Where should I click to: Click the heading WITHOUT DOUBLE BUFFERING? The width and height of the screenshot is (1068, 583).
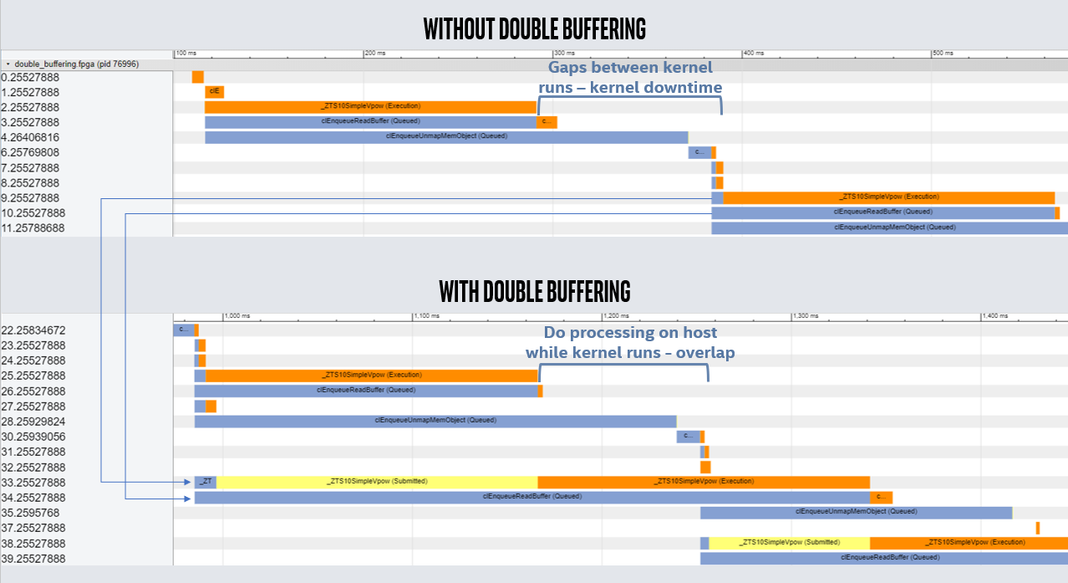534,28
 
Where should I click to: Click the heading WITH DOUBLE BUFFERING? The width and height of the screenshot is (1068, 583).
534,291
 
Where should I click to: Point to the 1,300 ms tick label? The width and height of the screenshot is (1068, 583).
806,316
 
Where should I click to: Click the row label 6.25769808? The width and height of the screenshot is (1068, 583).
31,152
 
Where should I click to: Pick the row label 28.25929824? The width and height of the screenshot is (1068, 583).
33,422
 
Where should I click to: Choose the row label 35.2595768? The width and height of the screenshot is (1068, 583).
31,513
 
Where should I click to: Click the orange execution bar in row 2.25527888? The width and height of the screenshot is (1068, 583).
370,107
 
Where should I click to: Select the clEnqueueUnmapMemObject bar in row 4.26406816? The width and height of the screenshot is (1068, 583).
446,137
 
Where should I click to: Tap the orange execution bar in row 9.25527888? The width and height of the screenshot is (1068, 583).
888,197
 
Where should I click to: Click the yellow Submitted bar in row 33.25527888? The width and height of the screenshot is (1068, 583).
377,482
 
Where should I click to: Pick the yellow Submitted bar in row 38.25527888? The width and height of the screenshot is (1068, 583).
789,543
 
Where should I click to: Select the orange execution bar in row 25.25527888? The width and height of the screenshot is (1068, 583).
371,376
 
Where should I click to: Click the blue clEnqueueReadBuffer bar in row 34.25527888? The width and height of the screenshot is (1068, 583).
531,497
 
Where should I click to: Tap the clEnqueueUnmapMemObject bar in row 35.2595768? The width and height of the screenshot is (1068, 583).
856,513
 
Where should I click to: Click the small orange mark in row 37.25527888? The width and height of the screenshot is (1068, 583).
1037,528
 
